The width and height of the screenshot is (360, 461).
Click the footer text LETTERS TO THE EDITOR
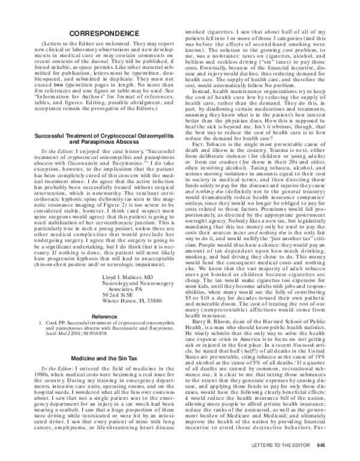click(280, 445)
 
